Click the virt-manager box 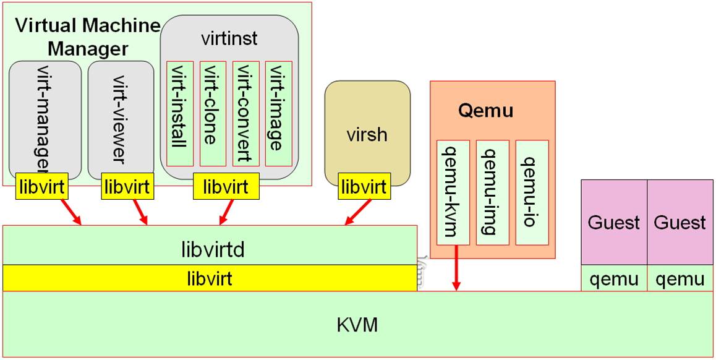[x=45, y=118]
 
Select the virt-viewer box [x=121, y=118]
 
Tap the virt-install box [x=179, y=113]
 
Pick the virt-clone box [x=213, y=113]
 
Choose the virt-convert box [x=245, y=113]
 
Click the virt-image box [x=278, y=113]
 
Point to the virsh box [x=368, y=133]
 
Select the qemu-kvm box [x=453, y=192]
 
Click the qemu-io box [x=532, y=192]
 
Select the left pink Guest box [x=613, y=222]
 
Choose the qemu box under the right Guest [x=680, y=279]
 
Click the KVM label [x=358, y=324]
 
